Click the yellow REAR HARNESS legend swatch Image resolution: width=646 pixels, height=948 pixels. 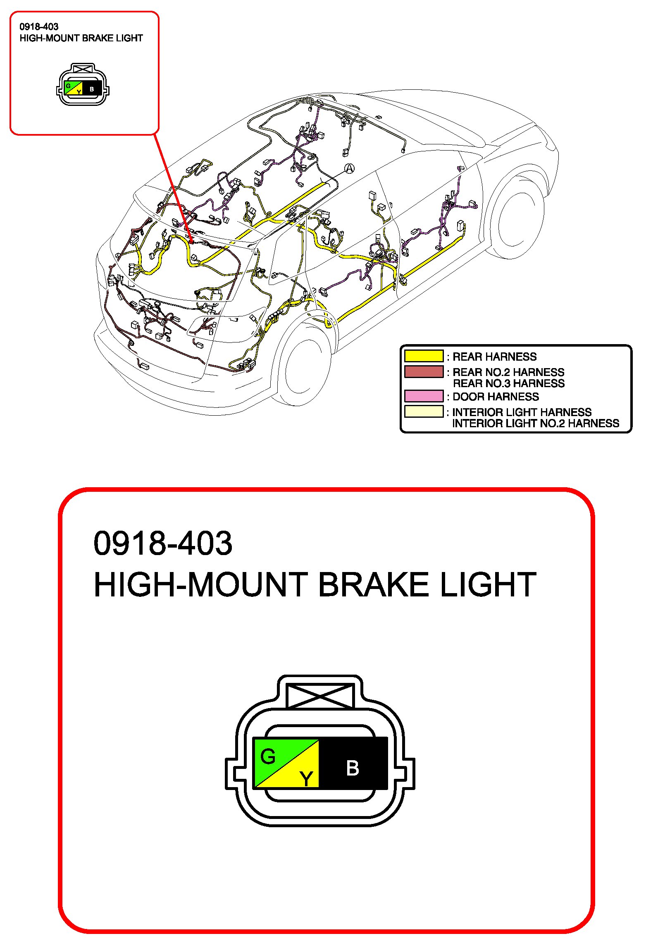pyautogui.click(x=424, y=356)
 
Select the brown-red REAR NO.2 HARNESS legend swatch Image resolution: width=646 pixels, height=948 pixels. pyautogui.click(x=424, y=371)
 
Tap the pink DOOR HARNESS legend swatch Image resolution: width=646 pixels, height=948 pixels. pyautogui.click(x=424, y=396)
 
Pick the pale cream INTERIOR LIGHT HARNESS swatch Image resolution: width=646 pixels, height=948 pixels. pyautogui.click(x=424, y=412)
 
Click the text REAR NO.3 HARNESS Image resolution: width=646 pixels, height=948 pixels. pyautogui.click(x=509, y=383)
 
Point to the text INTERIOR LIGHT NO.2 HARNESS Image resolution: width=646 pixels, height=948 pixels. pyautogui.click(x=536, y=423)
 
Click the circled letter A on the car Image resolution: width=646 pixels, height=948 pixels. pyautogui.click(x=350, y=168)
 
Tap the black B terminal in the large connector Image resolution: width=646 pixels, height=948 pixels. pyautogui.click(x=353, y=768)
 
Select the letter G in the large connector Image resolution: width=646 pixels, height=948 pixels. pyautogui.click(x=268, y=756)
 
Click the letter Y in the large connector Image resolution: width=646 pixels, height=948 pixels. pyautogui.click(x=306, y=778)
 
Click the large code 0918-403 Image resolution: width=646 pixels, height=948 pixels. pyautogui.click(x=163, y=543)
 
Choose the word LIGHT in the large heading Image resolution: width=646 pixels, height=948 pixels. pyautogui.click(x=488, y=585)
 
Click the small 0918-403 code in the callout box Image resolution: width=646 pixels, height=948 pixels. pyautogui.click(x=39, y=27)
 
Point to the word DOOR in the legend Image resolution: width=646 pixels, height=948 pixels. pyautogui.click(x=469, y=397)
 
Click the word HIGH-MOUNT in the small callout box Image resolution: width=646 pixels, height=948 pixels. pyautogui.click(x=50, y=38)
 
